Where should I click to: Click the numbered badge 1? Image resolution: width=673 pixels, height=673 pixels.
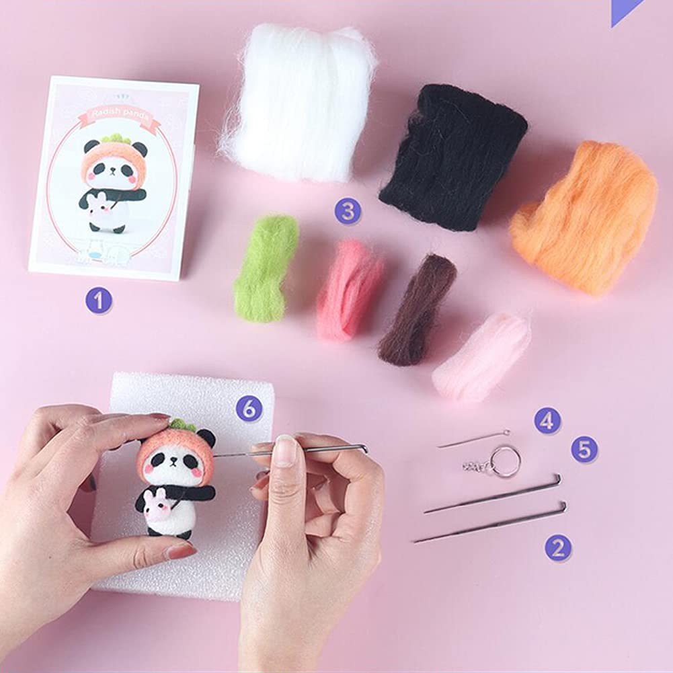(99, 301)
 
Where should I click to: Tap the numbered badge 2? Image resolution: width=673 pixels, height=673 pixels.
(558, 548)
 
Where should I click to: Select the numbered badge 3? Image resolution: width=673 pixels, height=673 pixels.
(348, 211)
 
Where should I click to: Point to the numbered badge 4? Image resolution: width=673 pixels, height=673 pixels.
(547, 421)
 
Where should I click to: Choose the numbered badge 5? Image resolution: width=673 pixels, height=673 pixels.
(584, 449)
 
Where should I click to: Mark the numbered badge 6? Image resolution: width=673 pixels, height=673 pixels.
(249, 408)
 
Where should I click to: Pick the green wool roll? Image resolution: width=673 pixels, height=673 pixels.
(266, 268)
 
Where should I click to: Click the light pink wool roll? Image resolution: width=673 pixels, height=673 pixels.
(481, 356)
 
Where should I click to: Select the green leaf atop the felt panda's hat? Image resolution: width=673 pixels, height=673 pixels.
(181, 425)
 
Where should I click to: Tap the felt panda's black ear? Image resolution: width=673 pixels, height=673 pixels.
(206, 439)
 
